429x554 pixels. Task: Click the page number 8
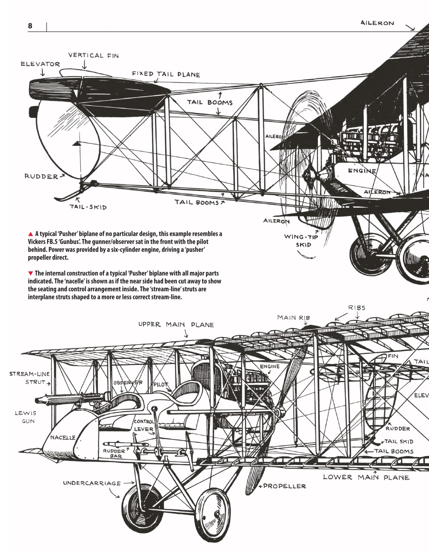30,26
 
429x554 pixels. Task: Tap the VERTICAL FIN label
93,55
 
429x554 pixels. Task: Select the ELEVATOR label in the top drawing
40,64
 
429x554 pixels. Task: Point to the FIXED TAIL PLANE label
166,74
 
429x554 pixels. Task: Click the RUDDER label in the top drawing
41,177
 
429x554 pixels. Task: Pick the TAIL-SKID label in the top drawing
88,207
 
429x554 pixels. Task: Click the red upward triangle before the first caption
31,234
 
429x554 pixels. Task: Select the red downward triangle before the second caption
31,273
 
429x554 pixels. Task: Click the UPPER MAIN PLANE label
176,325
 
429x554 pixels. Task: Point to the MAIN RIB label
294,318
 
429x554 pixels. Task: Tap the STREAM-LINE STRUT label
29,378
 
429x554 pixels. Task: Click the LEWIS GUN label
26,417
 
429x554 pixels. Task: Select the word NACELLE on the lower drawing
63,438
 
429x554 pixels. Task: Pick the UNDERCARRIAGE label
92,483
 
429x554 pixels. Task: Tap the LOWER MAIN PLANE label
366,477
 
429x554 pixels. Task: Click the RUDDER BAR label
113,453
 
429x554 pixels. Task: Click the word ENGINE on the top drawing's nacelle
362,171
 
